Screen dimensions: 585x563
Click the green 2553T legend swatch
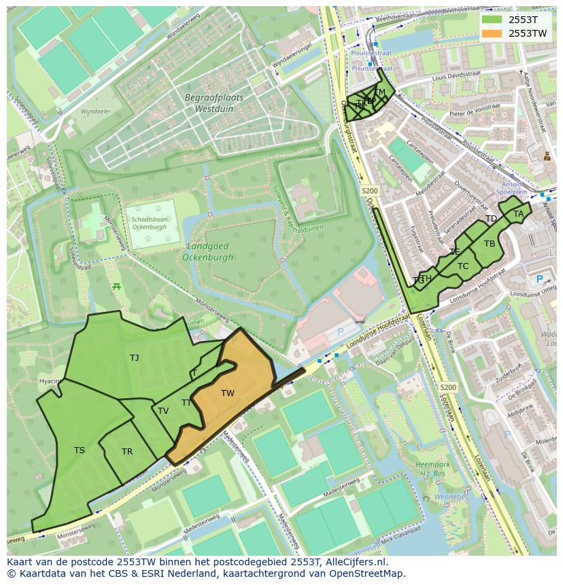[x=492, y=20]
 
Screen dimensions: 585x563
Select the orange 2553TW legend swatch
[x=492, y=33]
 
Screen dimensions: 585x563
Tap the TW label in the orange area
[x=228, y=393]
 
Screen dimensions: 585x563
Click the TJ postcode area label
[x=134, y=357]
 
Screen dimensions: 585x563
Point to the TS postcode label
[x=80, y=450]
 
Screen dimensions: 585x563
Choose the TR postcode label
[x=127, y=452]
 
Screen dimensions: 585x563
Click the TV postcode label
[x=163, y=411]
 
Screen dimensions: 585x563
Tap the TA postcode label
[x=519, y=214]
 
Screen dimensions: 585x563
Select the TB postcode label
[x=490, y=244]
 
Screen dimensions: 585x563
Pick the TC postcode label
[x=463, y=266]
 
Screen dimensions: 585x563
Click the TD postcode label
[x=491, y=219]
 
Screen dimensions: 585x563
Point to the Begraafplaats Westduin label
[x=204, y=103]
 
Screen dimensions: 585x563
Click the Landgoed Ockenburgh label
[x=207, y=251]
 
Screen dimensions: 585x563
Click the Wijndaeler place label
[x=95, y=111]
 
